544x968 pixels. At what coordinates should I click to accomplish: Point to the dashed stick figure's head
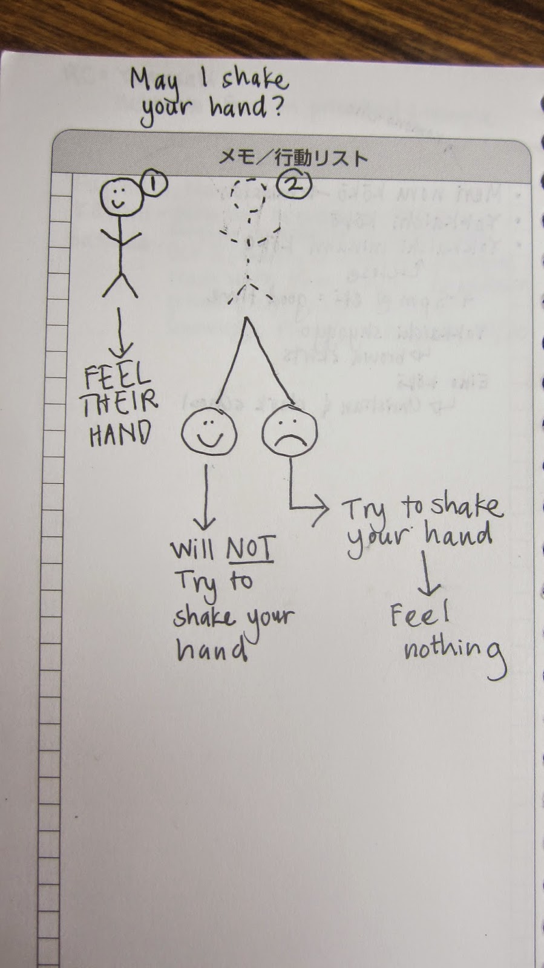pyautogui.click(x=249, y=195)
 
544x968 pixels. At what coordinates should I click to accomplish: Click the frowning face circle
pyautogui.click(x=289, y=431)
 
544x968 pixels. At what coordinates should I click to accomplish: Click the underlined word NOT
pyautogui.click(x=250, y=548)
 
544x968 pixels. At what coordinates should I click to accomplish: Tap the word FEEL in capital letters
pyautogui.click(x=117, y=378)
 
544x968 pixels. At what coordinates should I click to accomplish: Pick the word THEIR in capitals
pyautogui.click(x=119, y=402)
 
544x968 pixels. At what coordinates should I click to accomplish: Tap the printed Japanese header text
pyautogui.click(x=293, y=159)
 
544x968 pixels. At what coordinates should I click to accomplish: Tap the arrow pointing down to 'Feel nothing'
pyautogui.click(x=429, y=573)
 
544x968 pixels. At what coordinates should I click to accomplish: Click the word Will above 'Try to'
pyautogui.click(x=192, y=549)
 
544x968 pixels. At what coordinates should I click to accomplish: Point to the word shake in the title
pyautogui.click(x=254, y=79)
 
